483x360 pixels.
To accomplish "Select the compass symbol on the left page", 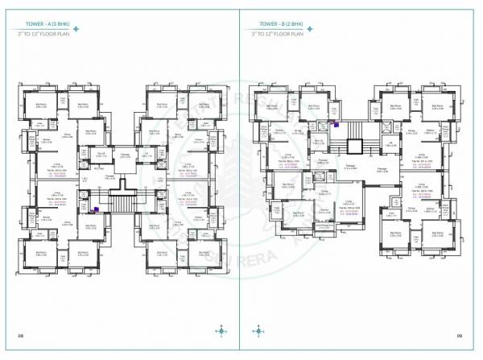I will coord(221,329).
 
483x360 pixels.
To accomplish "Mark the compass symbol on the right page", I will coord(259,329).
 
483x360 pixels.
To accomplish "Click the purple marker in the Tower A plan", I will coord(95,209).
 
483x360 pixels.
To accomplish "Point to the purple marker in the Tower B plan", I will coord(334,124).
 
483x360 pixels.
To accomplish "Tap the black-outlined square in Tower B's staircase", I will coord(352,145).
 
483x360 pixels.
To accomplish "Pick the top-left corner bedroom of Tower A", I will coord(41,102).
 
